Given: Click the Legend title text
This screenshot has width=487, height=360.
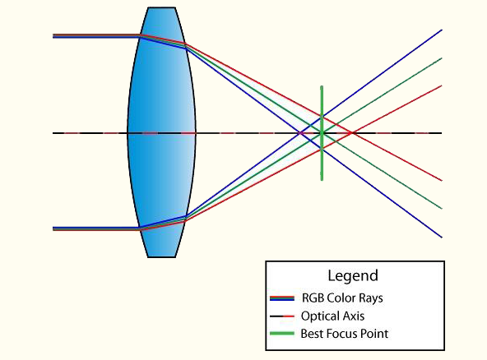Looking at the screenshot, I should click(353, 276).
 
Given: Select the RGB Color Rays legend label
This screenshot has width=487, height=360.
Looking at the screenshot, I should click(342, 298).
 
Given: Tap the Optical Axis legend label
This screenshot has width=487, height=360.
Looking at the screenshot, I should click(332, 316).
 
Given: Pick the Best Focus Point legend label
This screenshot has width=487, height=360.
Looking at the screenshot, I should click(345, 334).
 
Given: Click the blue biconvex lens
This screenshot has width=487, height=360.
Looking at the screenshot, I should click(161, 132).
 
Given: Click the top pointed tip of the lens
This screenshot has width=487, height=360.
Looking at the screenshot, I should click(160, 8).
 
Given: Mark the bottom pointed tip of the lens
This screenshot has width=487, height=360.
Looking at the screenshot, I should click(160, 256).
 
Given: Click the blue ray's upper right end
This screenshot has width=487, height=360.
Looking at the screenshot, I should click(442, 30).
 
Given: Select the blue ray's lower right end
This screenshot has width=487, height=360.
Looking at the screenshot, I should click(442, 237).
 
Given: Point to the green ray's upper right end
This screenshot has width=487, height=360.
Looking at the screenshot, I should click(442, 58).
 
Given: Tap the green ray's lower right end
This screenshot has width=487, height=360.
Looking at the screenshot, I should click(442, 208).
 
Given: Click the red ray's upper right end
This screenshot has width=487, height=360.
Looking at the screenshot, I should click(442, 85).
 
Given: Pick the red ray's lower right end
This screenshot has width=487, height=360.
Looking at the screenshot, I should click(442, 180).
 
